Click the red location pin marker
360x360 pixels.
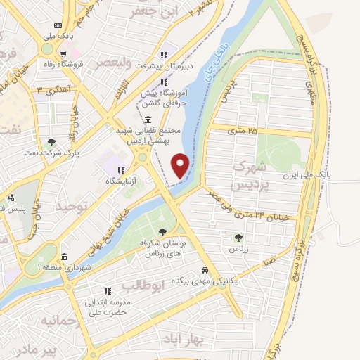click(x=181, y=165)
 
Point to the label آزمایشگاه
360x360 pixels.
click(x=140, y=181)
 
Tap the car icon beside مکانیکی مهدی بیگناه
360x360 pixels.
click(x=205, y=270)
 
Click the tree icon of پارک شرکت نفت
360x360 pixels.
click(x=51, y=143)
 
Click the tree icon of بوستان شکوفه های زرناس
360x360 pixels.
click(x=162, y=232)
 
